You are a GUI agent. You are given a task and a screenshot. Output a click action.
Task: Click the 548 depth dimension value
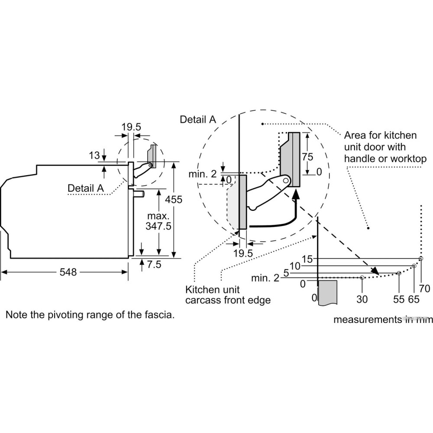pyautogui.click(x=68, y=272)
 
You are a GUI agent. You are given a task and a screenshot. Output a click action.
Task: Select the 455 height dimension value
pyautogui.click(x=174, y=200)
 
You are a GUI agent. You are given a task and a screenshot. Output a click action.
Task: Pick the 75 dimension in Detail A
pyautogui.click(x=307, y=157)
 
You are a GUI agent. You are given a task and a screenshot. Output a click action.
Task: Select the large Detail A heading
pyautogui.click(x=197, y=120)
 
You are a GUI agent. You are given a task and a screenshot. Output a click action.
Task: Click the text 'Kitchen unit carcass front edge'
pyautogui.click(x=228, y=294)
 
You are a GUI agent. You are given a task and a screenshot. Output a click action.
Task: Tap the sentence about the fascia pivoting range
pyautogui.click(x=90, y=315)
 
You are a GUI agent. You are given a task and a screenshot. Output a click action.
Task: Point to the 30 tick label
pyautogui.click(x=362, y=299)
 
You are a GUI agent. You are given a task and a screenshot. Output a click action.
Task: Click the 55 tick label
pyautogui.click(x=399, y=299)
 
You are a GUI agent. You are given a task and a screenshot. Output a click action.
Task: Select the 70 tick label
pyautogui.click(x=424, y=288)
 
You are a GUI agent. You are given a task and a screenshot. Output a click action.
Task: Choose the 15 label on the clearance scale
pyautogui.click(x=307, y=259)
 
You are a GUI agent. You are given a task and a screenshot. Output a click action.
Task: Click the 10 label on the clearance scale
pyautogui.click(x=295, y=266)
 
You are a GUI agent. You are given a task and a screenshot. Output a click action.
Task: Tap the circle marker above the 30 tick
pyautogui.click(x=362, y=278)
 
